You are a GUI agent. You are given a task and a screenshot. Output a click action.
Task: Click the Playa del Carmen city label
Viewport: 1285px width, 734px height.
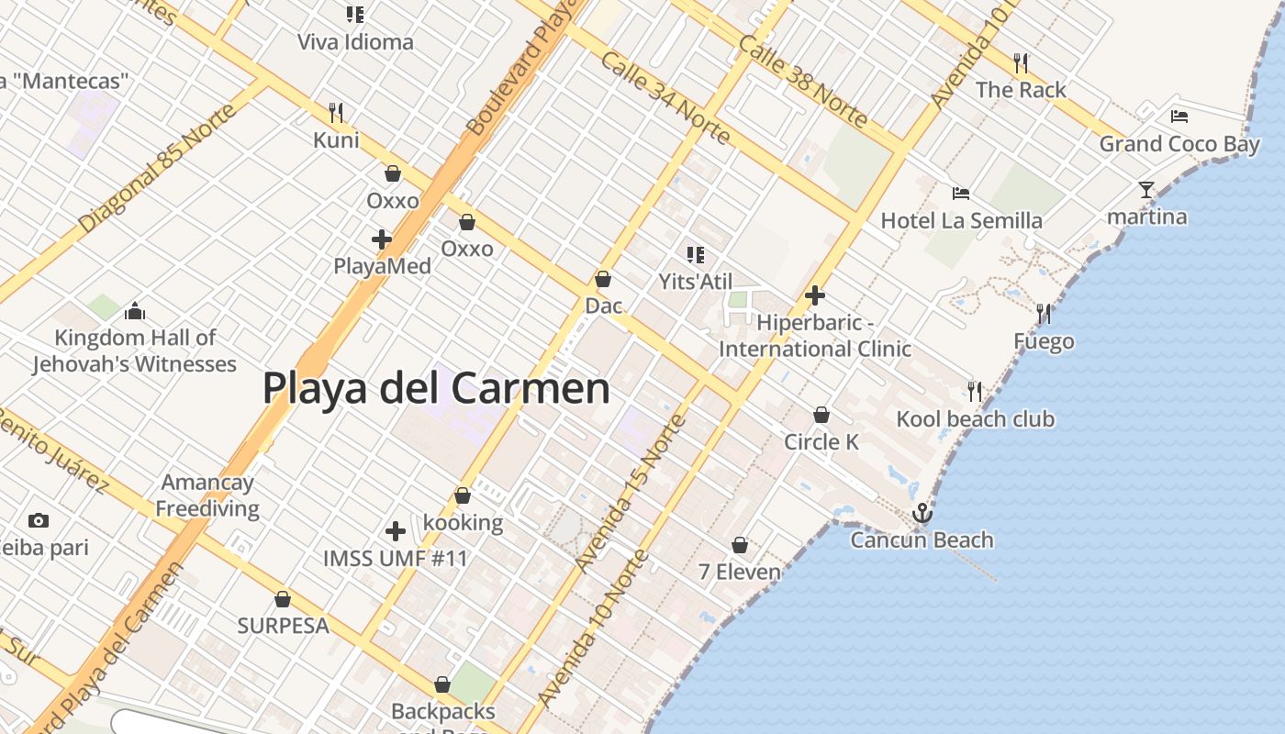436,388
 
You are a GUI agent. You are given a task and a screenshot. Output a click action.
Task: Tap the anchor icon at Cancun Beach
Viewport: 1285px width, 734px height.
922,513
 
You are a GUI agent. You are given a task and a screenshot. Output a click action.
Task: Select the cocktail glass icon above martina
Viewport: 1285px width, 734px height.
1146,190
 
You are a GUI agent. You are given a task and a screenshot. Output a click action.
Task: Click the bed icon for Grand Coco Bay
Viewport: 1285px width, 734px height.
1179,117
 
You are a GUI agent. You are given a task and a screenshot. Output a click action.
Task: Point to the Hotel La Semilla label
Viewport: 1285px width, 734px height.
961,220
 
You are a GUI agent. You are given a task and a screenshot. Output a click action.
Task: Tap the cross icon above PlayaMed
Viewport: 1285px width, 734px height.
382,240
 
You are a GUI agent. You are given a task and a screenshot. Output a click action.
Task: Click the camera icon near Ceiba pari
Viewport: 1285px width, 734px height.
38,521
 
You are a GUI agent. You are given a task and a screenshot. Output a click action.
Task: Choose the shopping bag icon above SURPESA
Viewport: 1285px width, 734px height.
283,599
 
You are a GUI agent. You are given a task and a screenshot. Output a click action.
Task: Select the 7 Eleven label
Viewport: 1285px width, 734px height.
740,572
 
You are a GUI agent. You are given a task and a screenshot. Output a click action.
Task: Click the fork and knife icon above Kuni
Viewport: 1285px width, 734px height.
336,113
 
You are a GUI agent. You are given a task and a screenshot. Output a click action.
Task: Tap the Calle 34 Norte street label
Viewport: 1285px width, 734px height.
665,98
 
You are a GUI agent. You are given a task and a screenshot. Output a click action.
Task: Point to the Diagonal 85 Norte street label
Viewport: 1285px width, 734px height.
158,168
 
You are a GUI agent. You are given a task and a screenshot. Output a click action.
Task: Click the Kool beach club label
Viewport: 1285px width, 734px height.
975,419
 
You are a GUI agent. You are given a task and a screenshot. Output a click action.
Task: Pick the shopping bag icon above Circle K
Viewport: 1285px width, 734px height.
821,416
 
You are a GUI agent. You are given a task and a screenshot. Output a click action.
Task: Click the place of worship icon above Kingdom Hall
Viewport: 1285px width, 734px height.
135,312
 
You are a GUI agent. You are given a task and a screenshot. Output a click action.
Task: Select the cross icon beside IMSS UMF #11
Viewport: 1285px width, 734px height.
396,531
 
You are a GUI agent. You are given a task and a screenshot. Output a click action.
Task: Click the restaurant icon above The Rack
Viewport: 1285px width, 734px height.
1021,63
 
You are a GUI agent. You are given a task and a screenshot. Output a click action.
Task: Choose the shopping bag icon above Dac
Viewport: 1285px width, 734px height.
604,279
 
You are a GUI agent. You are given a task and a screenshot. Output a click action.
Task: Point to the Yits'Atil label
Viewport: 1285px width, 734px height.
696,281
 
